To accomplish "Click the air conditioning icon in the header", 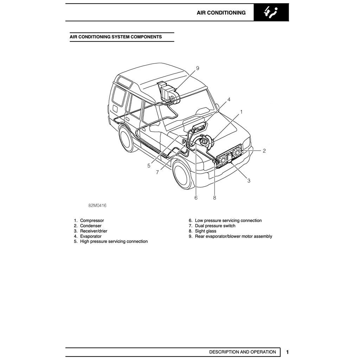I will [x=271, y=13].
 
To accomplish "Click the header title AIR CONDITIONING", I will [x=221, y=13].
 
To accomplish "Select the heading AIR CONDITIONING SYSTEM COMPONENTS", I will [x=116, y=37].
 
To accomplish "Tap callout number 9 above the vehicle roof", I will [x=198, y=68].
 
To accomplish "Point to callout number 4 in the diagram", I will [x=229, y=99].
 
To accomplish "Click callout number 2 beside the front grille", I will [x=264, y=151].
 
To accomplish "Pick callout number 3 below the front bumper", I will [x=249, y=181].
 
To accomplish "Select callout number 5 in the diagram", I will [x=149, y=166].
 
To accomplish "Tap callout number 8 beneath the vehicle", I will [x=214, y=198].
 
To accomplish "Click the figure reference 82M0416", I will [x=97, y=206].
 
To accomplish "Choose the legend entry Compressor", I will [x=92, y=220].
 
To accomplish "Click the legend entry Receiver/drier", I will [x=94, y=231].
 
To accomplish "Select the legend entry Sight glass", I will [x=206, y=231].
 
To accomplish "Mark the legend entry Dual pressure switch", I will [x=215, y=226].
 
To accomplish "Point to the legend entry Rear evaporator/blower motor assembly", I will [x=233, y=236].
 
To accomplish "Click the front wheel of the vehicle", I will [x=183, y=175].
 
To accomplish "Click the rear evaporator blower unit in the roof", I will [x=168, y=93].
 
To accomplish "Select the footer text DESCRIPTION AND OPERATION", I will [x=243, y=352].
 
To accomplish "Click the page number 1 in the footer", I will [x=287, y=352].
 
